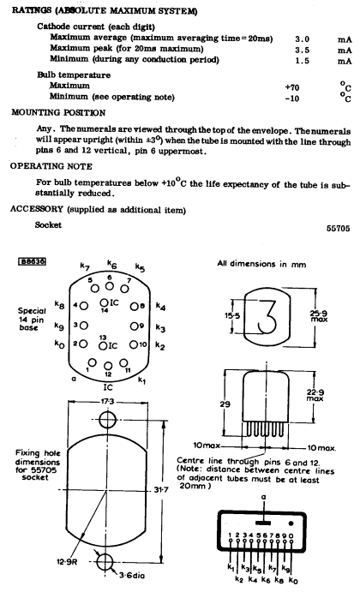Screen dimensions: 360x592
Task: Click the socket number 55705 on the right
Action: pyautogui.click(x=338, y=228)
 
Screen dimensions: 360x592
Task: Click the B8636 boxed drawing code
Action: pyautogui.click(x=32, y=261)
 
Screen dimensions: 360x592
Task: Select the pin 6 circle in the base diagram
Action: pyautogui.click(x=109, y=286)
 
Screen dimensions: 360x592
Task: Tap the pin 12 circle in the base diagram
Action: pyautogui.click(x=108, y=366)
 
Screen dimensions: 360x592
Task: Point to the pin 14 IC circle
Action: pyautogui.click(x=104, y=302)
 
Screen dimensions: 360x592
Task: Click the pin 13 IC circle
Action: pyautogui.click(x=103, y=345)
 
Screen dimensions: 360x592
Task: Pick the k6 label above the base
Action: pyautogui.click(x=111, y=264)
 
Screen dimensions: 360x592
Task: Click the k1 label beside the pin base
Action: pyautogui.click(x=141, y=380)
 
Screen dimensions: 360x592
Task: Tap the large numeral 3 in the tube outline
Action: pyautogui.click(x=267, y=316)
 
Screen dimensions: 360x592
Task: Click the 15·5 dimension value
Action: pyautogui.click(x=232, y=315)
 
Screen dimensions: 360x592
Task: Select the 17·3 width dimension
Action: pyautogui.click(x=107, y=401)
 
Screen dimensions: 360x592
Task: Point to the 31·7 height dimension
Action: pyautogui.click(x=161, y=490)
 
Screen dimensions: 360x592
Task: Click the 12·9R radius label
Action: pyautogui.click(x=67, y=562)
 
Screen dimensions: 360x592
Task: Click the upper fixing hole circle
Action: pyautogui.click(x=107, y=420)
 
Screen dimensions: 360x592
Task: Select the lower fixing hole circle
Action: pyautogui.click(x=105, y=561)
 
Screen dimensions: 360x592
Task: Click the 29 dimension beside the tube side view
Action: pyautogui.click(x=225, y=404)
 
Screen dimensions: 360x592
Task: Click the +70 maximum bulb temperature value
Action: pyautogui.click(x=292, y=87)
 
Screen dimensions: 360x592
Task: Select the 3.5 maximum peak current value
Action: pyautogui.click(x=303, y=50)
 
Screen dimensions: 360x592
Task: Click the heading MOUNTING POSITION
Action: pyautogui.click(x=58, y=112)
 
